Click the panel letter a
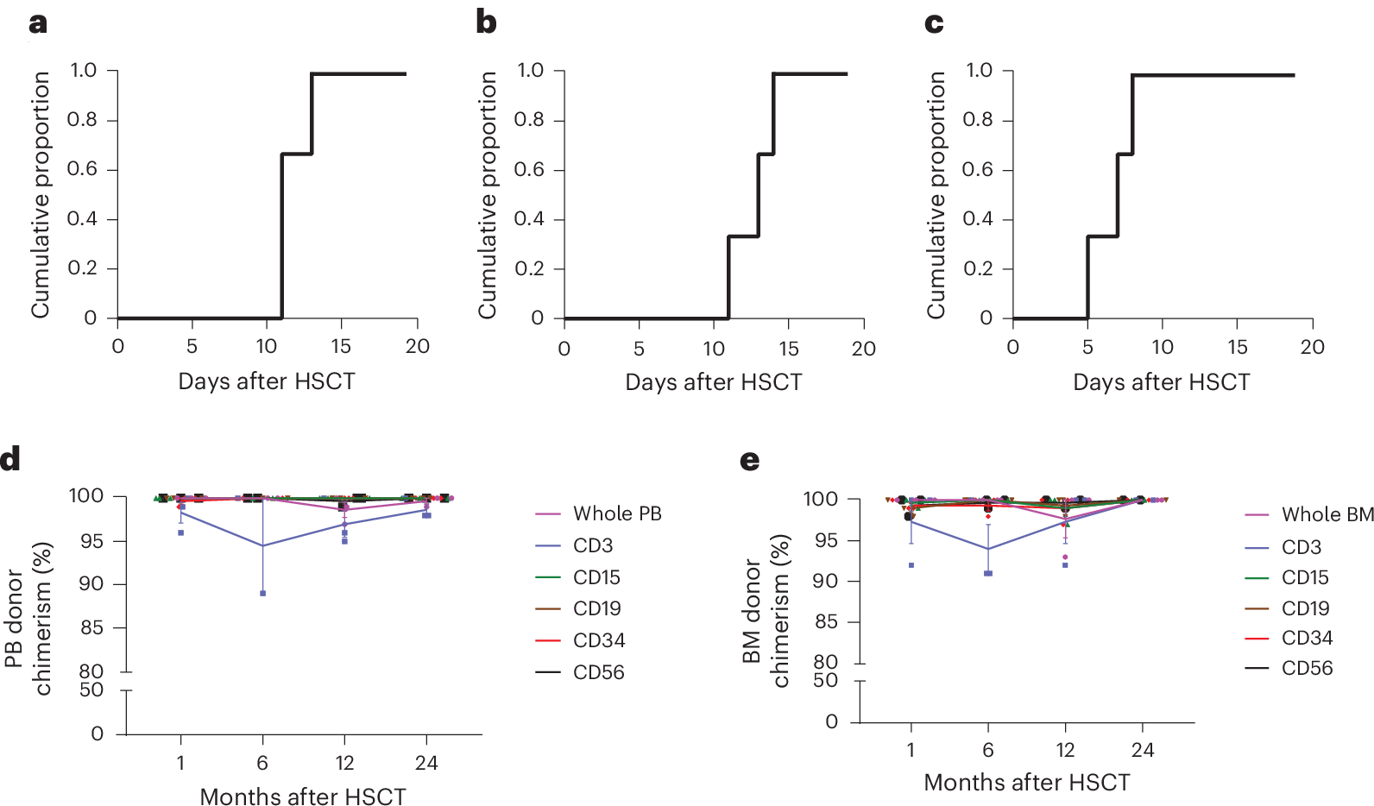point(38,24)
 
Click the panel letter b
point(486,22)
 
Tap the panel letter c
point(933,23)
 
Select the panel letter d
point(10,458)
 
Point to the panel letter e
point(750,460)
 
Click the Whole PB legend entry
point(616,513)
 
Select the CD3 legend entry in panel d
point(593,545)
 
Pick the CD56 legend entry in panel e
point(1306,668)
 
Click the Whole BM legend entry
point(1327,514)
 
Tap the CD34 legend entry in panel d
point(598,640)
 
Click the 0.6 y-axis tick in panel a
point(83,169)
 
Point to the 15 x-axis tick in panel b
point(789,349)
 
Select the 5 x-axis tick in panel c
point(1087,347)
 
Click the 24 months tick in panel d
point(426,763)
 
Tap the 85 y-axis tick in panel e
point(826,621)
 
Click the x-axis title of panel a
point(267,381)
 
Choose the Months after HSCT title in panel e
point(1026,783)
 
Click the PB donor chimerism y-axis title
point(28,618)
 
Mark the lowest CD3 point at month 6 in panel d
point(262,594)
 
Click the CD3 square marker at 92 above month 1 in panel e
point(911,565)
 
